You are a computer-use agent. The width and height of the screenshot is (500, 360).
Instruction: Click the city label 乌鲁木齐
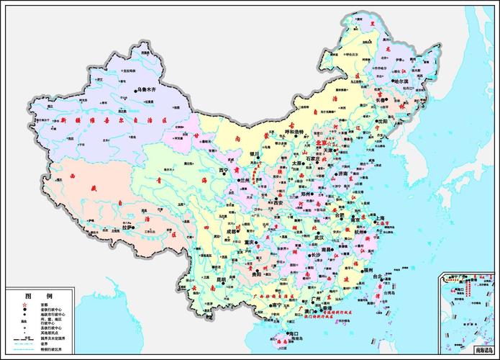[x=150, y=91]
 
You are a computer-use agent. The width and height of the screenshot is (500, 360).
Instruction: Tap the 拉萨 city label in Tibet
[x=127, y=227]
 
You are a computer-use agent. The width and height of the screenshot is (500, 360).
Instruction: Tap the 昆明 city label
[x=222, y=279]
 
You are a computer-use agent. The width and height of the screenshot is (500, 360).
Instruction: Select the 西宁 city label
[x=223, y=171]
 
